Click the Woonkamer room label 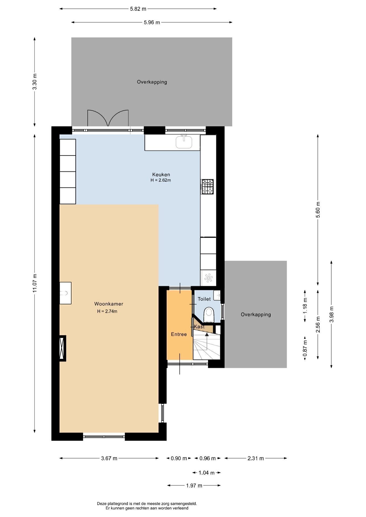[109, 304]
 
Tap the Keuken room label [161, 174]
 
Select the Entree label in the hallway [179, 334]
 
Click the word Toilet [204, 299]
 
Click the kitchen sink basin [184, 142]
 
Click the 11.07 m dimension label [34, 283]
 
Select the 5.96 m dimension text [152, 22]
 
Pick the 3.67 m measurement [109, 458]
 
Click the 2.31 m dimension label [255, 458]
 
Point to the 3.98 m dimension [332, 314]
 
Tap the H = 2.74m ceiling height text [107, 311]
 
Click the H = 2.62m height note [161, 180]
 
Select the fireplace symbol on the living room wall [63, 348]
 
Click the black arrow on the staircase [207, 335]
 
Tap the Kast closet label [199, 327]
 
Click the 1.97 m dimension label [194, 485]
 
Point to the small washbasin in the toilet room [217, 295]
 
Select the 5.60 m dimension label [318, 210]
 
